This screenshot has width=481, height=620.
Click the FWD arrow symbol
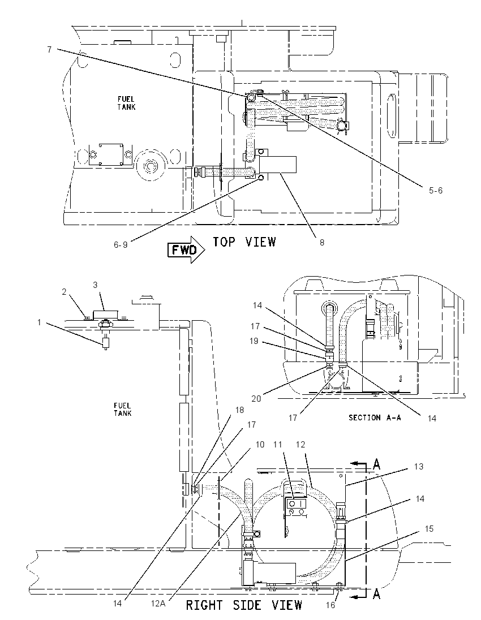(x=186, y=249)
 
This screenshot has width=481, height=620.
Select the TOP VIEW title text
(x=244, y=242)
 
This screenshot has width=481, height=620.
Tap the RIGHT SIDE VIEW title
(x=244, y=605)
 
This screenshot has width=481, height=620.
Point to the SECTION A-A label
(x=375, y=417)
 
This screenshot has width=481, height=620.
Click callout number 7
(x=49, y=50)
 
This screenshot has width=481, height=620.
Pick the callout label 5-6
(x=436, y=191)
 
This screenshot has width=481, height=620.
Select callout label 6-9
(x=121, y=245)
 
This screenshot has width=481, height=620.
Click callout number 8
(x=322, y=242)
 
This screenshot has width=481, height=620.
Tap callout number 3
(x=95, y=285)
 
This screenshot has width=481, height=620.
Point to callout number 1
(x=39, y=322)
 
